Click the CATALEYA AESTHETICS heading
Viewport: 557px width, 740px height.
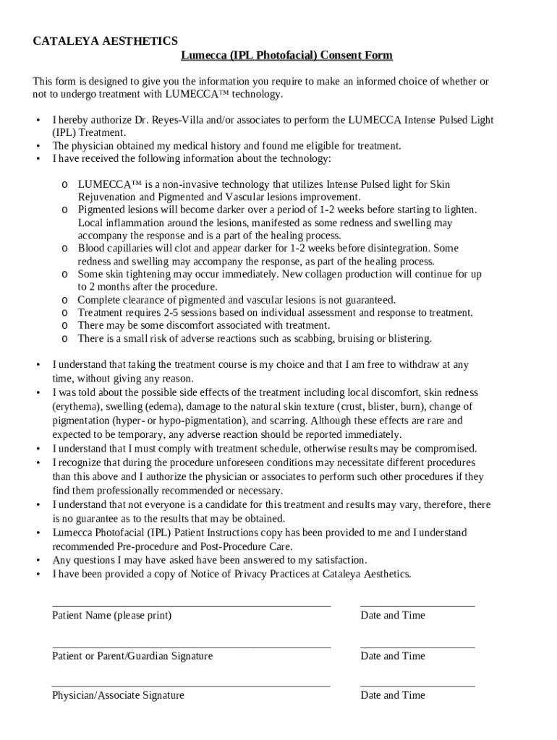[x=106, y=41]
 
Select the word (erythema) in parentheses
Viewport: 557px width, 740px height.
[x=77, y=407]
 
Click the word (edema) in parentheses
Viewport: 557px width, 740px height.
[x=166, y=407]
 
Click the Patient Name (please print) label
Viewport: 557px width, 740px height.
[x=111, y=616]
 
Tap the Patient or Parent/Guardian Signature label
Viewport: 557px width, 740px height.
[x=132, y=656]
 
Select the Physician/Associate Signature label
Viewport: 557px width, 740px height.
[x=118, y=695]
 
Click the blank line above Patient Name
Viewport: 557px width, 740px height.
[x=191, y=605]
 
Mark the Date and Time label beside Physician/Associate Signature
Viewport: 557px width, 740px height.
[x=393, y=695]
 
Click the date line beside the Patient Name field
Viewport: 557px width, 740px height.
[x=417, y=605]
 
